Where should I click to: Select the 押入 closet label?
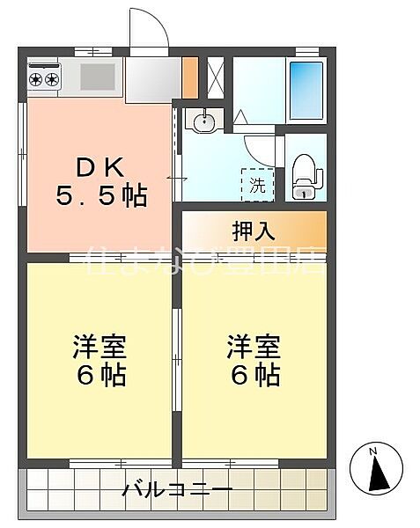(x=254, y=231)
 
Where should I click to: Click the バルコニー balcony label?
(x=177, y=488)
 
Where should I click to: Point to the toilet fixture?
(x=302, y=175)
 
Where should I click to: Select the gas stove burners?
(x=43, y=79)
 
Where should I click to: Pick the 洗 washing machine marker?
(x=257, y=186)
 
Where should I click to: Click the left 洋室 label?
(x=98, y=346)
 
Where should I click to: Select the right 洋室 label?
(x=254, y=346)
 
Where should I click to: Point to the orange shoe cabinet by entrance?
(x=189, y=78)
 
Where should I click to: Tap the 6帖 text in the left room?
(x=98, y=376)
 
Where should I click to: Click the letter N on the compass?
(x=374, y=452)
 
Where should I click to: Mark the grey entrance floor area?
(x=151, y=80)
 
